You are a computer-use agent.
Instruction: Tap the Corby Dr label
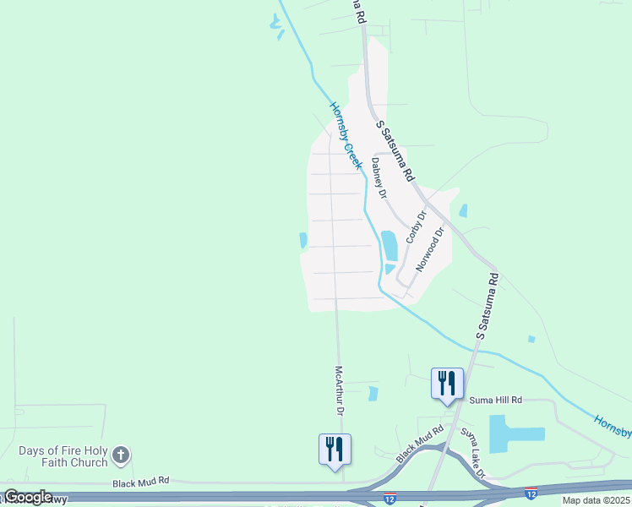[x=417, y=227]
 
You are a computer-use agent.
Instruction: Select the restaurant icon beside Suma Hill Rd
[x=445, y=384]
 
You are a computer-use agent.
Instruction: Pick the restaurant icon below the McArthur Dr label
[x=335, y=448]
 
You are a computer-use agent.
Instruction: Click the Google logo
[x=28, y=497]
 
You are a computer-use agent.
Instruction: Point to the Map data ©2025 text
[x=597, y=500]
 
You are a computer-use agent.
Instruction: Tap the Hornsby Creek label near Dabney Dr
[x=346, y=136]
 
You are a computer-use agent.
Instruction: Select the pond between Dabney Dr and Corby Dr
[x=390, y=246]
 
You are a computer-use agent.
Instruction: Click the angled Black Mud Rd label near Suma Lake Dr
[x=421, y=444]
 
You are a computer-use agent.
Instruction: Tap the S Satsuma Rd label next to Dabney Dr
[x=395, y=151]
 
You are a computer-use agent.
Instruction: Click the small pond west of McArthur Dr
[x=303, y=241]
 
